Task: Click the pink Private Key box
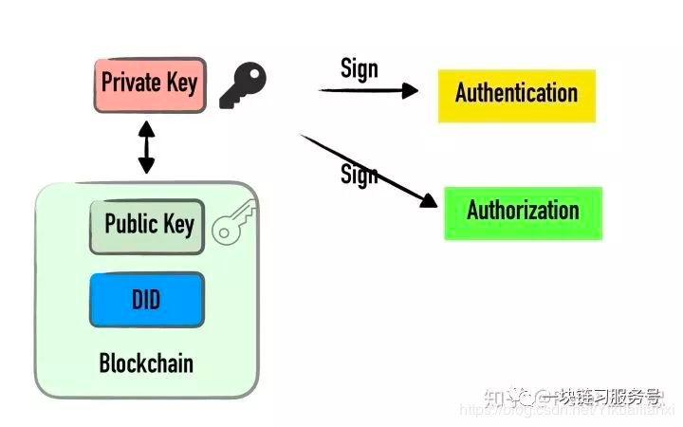[150, 83]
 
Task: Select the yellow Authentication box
[516, 94]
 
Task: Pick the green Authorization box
[523, 212]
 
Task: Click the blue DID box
[146, 300]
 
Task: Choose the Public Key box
[147, 226]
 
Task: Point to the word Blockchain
[146, 363]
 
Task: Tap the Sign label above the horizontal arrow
[360, 68]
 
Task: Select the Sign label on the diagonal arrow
[359, 176]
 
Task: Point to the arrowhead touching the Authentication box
[410, 90]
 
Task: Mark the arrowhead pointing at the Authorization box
[434, 201]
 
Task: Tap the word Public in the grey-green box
[129, 225]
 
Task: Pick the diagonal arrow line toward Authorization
[365, 167]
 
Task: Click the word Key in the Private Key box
[181, 83]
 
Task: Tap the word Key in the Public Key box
[176, 226]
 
